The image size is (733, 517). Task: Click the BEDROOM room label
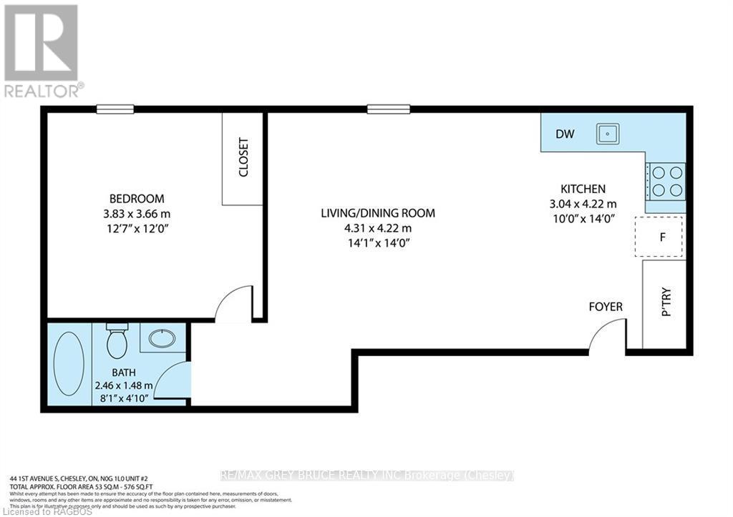[x=136, y=198]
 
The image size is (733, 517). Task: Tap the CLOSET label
[x=243, y=157]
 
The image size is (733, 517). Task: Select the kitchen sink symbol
[x=608, y=133]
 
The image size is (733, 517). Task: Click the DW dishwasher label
[x=565, y=133]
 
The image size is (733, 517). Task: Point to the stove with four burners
[x=666, y=181]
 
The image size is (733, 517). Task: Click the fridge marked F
[x=659, y=237]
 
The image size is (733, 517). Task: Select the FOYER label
[x=606, y=307]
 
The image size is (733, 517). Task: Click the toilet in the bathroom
[x=117, y=342]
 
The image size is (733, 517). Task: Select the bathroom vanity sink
[x=162, y=336]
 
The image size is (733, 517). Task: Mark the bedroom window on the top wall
[x=115, y=109]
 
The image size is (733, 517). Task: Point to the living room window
[x=389, y=109]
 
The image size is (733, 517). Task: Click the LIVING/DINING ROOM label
[x=377, y=213]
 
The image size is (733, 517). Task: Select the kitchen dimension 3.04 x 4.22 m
[x=583, y=203]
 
